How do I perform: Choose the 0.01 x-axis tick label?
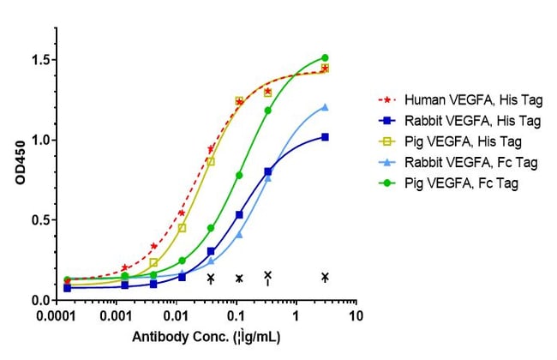pyautogui.click(x=177, y=315)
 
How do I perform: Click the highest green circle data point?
pyautogui.click(x=325, y=57)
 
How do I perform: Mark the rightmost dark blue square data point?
pyautogui.click(x=325, y=137)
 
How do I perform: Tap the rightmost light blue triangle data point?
pyautogui.click(x=325, y=107)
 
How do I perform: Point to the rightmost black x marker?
pyautogui.click(x=325, y=276)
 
